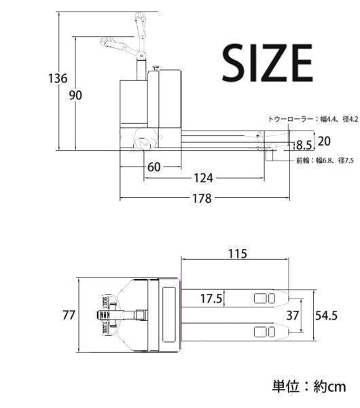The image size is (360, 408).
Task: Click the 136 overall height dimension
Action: pyautogui.click(x=58, y=78)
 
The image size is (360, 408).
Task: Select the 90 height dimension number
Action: pyautogui.click(x=75, y=95)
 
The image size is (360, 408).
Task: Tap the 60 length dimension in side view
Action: pyautogui.click(x=154, y=167)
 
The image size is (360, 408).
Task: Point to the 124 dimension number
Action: pyautogui.click(x=204, y=178)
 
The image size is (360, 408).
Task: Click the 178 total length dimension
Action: pyautogui.click(x=202, y=199)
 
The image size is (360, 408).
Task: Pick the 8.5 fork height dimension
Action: pyautogui.click(x=304, y=146)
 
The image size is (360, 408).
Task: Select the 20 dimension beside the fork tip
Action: pyautogui.click(x=324, y=141)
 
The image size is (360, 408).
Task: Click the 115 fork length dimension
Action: pyautogui.click(x=238, y=254)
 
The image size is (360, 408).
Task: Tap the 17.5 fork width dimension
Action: pyautogui.click(x=211, y=299)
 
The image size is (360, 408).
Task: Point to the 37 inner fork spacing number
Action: pyautogui.click(x=293, y=316)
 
